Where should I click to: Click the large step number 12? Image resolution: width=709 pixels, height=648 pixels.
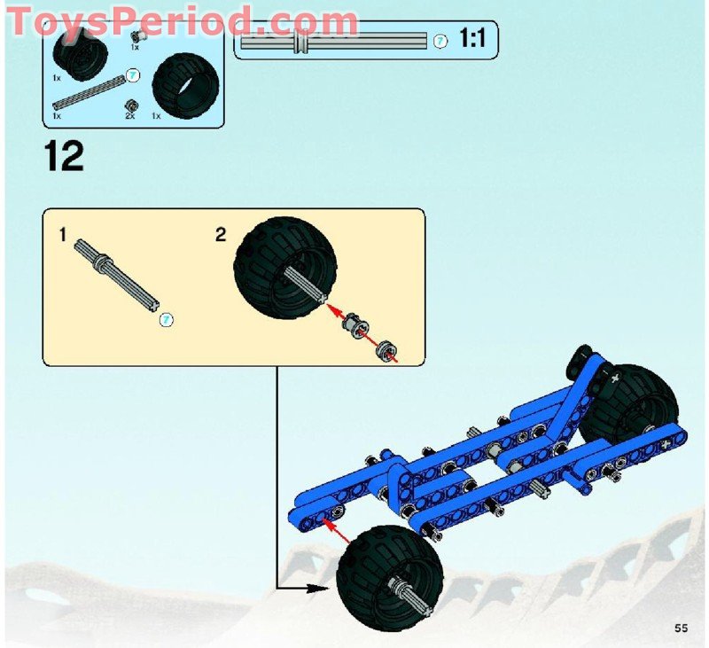[x=63, y=156]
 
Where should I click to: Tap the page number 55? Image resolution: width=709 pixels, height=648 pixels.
[x=681, y=628]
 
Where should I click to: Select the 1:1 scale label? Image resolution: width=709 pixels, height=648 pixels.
[x=473, y=40]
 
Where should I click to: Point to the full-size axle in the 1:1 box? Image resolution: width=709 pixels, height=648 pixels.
[x=337, y=41]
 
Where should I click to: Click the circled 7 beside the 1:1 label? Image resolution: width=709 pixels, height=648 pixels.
[x=440, y=41]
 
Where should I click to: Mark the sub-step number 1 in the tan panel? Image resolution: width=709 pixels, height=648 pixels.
[x=62, y=235]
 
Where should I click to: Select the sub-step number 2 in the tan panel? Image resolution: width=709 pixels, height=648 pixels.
[x=221, y=235]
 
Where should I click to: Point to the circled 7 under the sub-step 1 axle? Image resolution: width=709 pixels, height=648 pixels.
[x=165, y=318]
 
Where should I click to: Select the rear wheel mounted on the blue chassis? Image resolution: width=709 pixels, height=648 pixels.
[x=631, y=405]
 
